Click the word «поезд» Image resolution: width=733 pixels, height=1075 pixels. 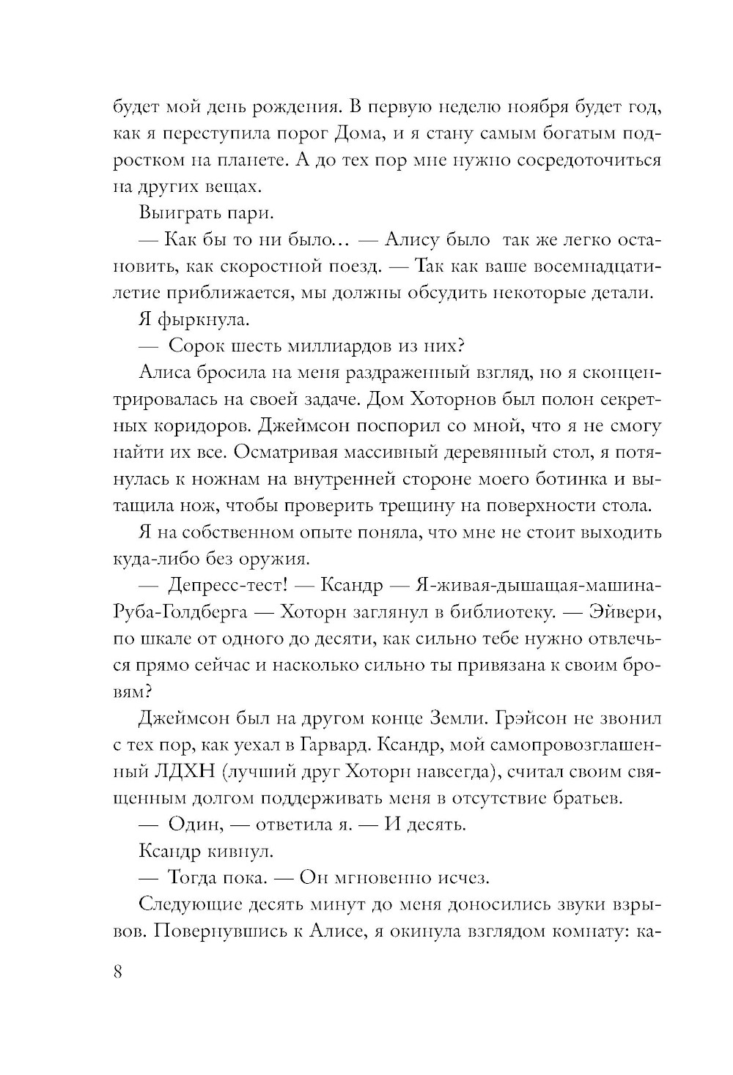tap(356, 267)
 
